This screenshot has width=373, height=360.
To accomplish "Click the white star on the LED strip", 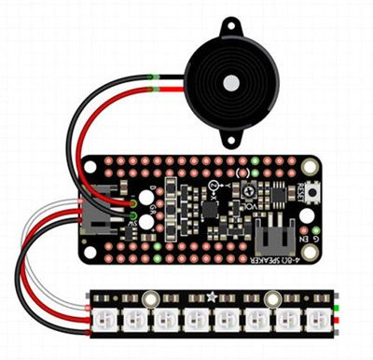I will (x=212, y=298).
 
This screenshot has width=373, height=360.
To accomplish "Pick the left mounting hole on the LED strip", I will (x=149, y=298).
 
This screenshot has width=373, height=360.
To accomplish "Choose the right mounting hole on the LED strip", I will (x=272, y=298).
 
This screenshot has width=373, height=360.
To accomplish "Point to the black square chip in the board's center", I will (x=210, y=211).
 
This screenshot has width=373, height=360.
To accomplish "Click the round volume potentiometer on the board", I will (x=215, y=191).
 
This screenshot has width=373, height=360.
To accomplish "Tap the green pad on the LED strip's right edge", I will (x=338, y=307).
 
